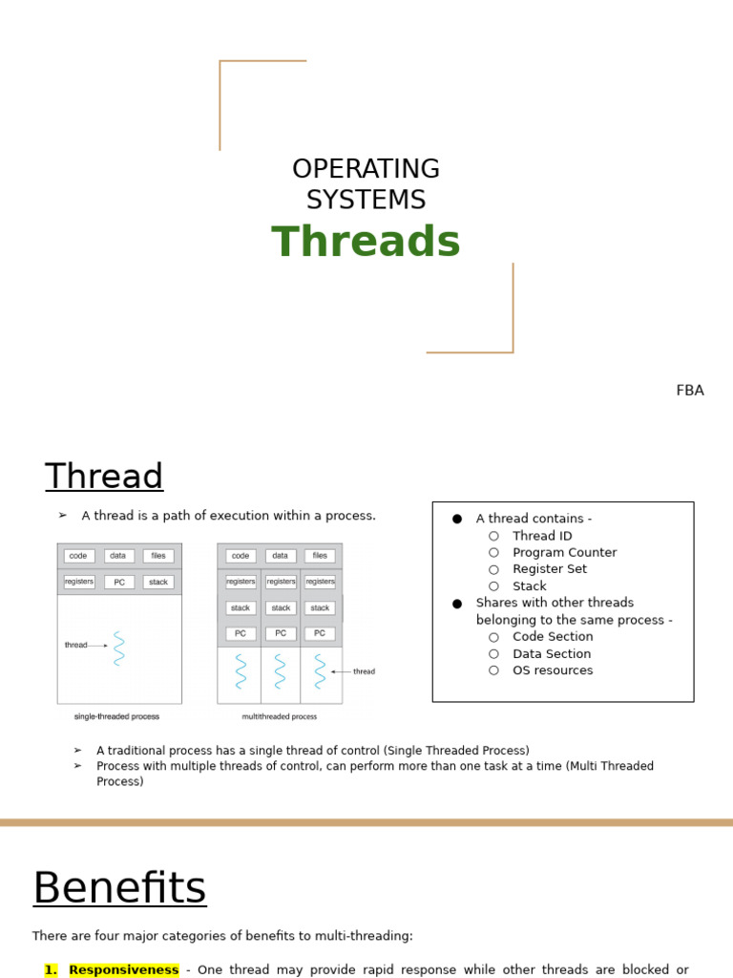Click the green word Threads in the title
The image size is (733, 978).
pos(366,243)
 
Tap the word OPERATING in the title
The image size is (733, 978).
pos(366,169)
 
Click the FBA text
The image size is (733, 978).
pos(689,391)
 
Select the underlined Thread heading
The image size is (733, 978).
pos(104,477)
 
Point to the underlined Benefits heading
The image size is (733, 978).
pos(119,888)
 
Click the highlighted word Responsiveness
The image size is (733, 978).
pos(123,969)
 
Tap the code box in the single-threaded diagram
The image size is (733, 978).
pos(79,556)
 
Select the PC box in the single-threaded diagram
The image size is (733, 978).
pos(119,582)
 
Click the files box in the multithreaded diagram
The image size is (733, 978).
pos(320,556)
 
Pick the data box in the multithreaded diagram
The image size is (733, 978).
pos(280,556)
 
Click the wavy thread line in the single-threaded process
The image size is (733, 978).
pos(119,648)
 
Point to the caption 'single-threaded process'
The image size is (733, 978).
pos(116,716)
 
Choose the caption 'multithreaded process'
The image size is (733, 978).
pos(280,716)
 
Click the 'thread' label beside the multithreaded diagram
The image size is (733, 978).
pos(364,671)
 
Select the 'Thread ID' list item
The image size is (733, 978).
pos(542,536)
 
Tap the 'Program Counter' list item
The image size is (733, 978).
pos(564,552)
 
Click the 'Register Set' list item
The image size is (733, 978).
pos(550,569)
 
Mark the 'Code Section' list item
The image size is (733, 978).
pos(553,637)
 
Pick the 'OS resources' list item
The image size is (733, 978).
pos(553,670)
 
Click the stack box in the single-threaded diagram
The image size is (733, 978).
pos(158,582)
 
